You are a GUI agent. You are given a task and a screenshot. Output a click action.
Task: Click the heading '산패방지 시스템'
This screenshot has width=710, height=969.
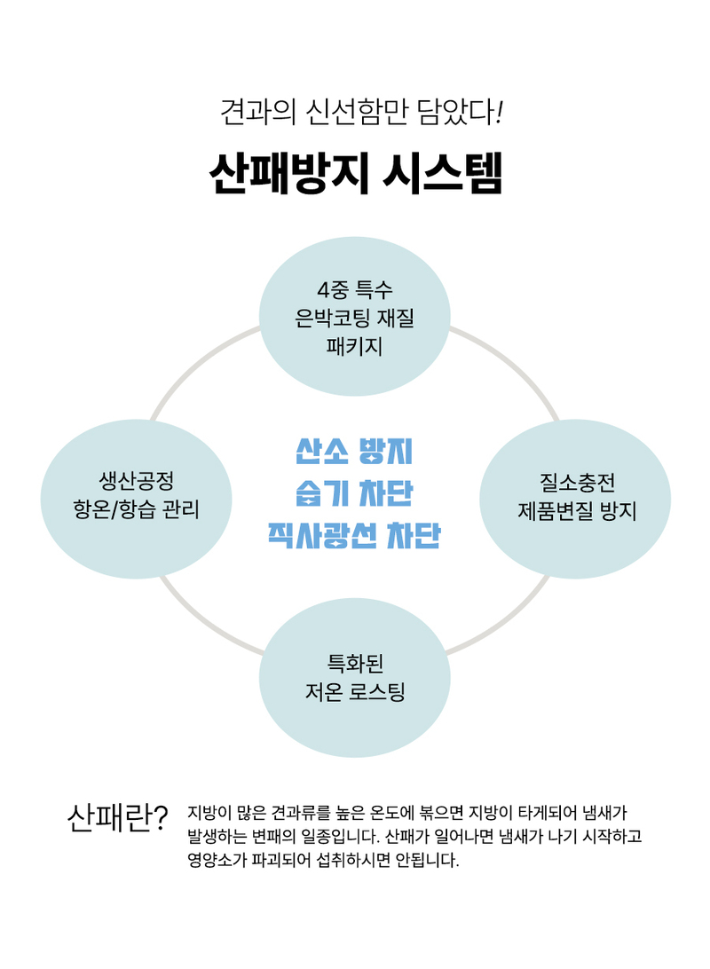[355, 173]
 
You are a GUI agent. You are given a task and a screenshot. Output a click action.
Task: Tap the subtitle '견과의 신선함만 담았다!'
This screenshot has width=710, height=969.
[361, 112]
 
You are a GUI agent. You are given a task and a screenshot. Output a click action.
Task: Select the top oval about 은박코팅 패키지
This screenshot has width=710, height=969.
[355, 317]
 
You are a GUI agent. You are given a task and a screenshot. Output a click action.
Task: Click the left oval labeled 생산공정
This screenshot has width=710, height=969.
[136, 499]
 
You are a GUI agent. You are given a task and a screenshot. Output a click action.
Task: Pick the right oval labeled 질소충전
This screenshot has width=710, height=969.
[575, 499]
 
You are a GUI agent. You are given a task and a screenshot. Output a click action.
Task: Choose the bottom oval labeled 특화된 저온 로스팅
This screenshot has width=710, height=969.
[355, 677]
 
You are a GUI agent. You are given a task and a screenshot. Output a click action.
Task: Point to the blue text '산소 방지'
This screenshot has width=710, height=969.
[354, 451]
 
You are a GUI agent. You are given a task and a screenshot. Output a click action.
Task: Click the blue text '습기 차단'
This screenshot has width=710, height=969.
[354, 493]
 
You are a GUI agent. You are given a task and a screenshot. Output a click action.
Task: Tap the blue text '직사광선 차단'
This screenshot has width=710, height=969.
[354, 535]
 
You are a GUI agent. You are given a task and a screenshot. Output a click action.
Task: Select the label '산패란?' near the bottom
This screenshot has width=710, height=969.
[117, 818]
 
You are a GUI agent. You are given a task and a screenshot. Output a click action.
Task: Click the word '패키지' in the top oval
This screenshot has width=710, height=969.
[355, 346]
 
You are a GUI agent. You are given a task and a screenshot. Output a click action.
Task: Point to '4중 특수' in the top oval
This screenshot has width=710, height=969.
[355, 289]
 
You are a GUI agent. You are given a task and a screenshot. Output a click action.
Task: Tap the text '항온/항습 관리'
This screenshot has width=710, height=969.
[136, 510]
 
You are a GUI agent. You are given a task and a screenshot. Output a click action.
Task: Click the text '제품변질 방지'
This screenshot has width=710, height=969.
[577, 511]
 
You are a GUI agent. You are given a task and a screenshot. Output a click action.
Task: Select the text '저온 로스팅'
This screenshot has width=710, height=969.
[355, 691]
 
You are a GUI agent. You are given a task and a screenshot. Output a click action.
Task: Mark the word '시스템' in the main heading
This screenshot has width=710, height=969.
[443, 173]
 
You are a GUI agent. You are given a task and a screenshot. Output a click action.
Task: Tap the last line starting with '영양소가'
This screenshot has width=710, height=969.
[323, 860]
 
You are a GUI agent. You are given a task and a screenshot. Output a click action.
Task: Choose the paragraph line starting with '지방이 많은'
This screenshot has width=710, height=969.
[408, 813]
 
